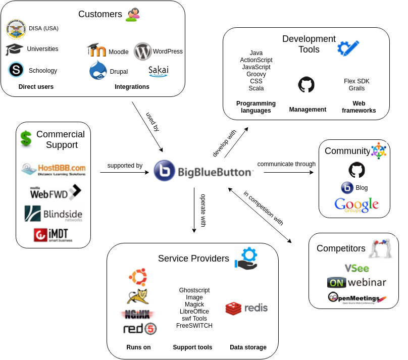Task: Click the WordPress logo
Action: (x=143, y=51)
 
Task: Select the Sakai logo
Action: (x=159, y=71)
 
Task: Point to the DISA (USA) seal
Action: (x=16, y=29)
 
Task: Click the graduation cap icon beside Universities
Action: (x=14, y=49)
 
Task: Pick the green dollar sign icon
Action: (x=26, y=138)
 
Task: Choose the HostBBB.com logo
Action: (x=54, y=169)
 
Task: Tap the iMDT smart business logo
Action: (x=53, y=235)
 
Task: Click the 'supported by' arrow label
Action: (x=125, y=166)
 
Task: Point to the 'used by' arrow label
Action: (x=152, y=122)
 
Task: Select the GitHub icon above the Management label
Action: (x=306, y=85)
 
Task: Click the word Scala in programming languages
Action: (x=256, y=88)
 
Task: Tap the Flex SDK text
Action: (x=356, y=81)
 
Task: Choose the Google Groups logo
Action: (x=356, y=205)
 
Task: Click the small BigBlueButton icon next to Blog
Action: (x=347, y=188)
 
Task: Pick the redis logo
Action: (x=246, y=308)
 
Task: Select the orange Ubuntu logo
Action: (x=137, y=277)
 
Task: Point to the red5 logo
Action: (x=139, y=329)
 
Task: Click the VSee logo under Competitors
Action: (x=356, y=268)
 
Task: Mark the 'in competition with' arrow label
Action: (x=263, y=208)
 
